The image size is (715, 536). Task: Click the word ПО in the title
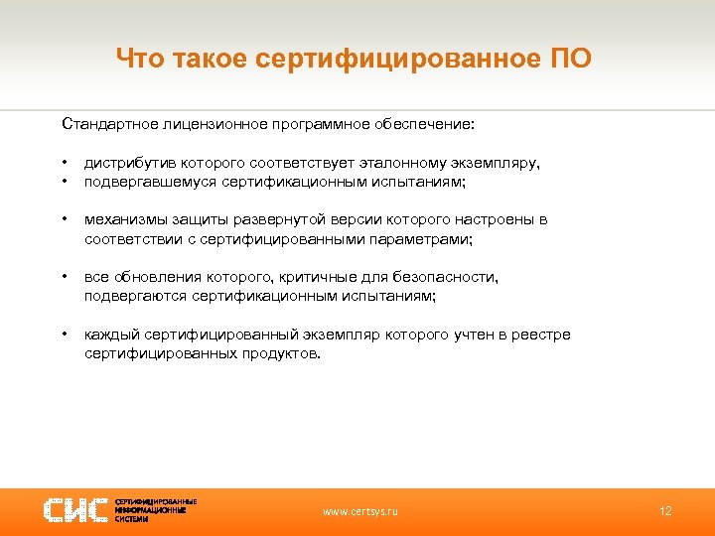570,60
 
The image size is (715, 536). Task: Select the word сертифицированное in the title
395,60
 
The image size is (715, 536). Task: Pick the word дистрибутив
126,163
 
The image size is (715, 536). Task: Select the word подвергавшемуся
145,182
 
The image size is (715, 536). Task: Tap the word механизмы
122,219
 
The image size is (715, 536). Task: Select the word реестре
545,335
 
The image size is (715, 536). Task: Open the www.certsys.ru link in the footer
360,511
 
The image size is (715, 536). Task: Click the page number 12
665,510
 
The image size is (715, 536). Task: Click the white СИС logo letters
75,510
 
